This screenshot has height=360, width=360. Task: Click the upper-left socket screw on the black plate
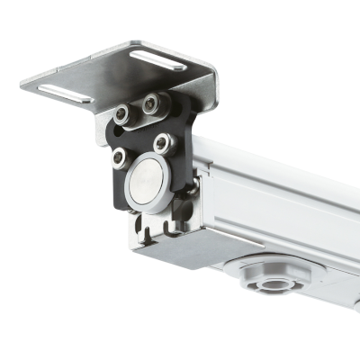(x=121, y=114)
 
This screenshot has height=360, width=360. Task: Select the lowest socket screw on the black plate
(x=119, y=158)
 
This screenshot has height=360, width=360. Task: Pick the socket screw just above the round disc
(x=162, y=142)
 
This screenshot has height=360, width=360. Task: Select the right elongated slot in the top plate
(x=158, y=60)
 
